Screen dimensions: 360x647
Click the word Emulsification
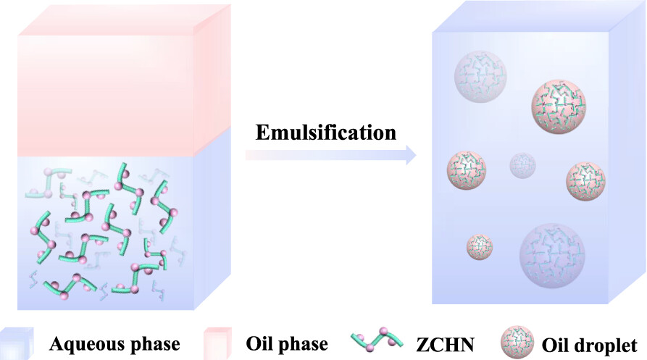click(326, 133)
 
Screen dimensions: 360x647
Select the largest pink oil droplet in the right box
click(557, 105)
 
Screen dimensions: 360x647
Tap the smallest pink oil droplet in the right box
click(480, 246)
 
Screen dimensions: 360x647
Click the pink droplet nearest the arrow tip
click(467, 171)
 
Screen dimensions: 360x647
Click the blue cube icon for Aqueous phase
click(17, 342)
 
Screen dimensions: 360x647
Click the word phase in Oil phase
click(303, 343)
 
